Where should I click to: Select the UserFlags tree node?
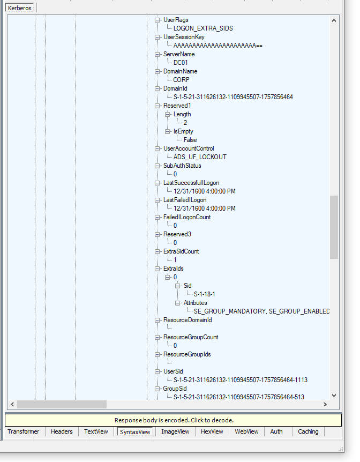pos(176,20)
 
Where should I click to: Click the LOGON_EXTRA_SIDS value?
pos(203,28)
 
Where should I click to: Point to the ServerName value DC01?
pos(181,63)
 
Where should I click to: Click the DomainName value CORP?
pos(181,80)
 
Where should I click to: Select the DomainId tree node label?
pos(175,88)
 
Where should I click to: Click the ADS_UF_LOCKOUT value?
pos(200,157)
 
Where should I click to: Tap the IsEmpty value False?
pos(190,140)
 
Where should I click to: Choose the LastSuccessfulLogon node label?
pos(191,183)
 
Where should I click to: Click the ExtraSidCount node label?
pos(181,251)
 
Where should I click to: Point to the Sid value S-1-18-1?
pos(205,294)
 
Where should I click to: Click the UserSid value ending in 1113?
pos(241,380)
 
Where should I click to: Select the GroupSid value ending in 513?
pos(239,397)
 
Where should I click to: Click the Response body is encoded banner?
pos(174,420)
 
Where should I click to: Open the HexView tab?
pos(212,431)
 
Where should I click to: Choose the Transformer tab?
pos(24,431)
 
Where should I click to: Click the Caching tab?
pos(308,431)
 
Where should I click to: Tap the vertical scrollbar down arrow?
pos(334,396)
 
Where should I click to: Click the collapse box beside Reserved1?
pos(157,106)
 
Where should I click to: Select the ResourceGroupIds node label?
pos(187,354)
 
